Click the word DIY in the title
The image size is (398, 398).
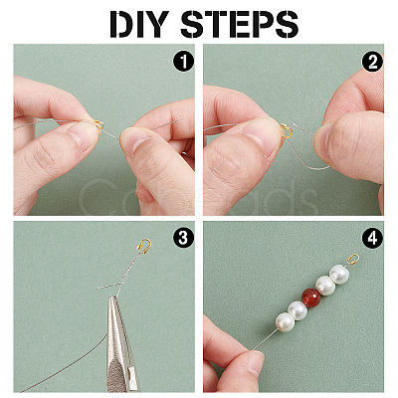click(139, 24)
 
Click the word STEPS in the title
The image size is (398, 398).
click(240, 24)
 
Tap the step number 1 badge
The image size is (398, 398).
click(183, 62)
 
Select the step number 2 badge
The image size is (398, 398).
click(373, 62)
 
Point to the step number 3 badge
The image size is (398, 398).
click(183, 238)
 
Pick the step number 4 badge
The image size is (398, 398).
click(373, 238)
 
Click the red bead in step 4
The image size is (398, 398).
click(311, 298)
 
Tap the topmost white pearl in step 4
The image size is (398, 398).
click(339, 274)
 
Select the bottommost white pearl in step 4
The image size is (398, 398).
click(285, 321)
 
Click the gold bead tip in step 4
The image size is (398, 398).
click(354, 259)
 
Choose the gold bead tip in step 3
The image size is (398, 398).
click(144, 246)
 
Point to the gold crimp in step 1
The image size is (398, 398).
click(99, 124)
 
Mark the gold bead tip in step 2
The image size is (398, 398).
click(287, 130)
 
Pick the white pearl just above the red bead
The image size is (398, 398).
click(325, 286)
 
